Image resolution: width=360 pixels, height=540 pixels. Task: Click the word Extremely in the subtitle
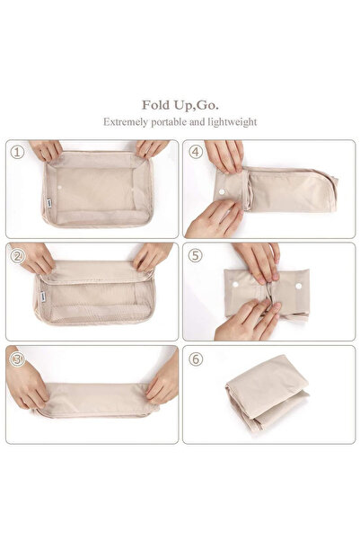[x=126, y=120]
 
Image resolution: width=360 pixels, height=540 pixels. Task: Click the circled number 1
[x=17, y=152]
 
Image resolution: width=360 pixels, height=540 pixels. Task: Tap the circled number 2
[x=17, y=254]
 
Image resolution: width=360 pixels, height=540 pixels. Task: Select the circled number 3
[x=17, y=359]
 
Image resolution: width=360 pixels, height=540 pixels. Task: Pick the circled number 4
[x=196, y=152]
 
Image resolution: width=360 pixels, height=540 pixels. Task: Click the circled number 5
[x=196, y=254]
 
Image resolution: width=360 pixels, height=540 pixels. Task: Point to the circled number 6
[x=196, y=359]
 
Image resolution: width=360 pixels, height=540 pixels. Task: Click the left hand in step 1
[x=46, y=149]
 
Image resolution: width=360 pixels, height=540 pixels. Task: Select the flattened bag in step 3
[x=94, y=400]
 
